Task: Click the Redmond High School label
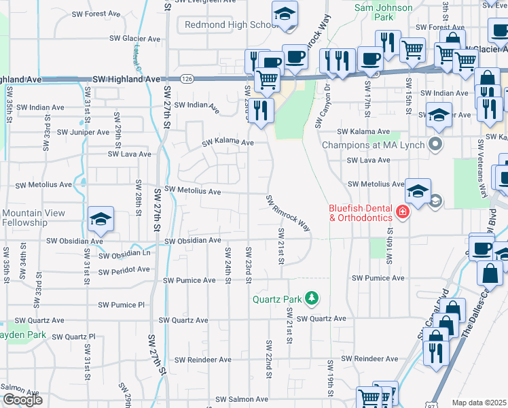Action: click(229, 25)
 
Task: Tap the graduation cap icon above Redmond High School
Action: click(285, 14)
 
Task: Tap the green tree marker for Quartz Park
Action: click(312, 298)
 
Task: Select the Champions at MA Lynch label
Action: click(373, 145)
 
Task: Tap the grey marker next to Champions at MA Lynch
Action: click(435, 144)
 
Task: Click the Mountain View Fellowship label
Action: click(34, 218)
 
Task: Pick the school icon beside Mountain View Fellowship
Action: click(101, 219)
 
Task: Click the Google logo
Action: click(22, 400)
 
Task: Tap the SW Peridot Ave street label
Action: click(124, 270)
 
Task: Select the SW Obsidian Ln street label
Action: click(124, 254)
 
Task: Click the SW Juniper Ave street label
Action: click(83, 132)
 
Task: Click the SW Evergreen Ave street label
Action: click(205, 2)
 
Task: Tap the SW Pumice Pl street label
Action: click(122, 305)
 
